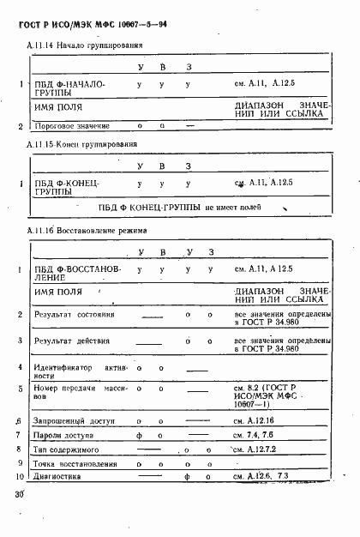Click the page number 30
(19, 495)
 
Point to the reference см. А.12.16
(255, 421)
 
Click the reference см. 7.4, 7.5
(254, 435)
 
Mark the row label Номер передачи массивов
(75, 393)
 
